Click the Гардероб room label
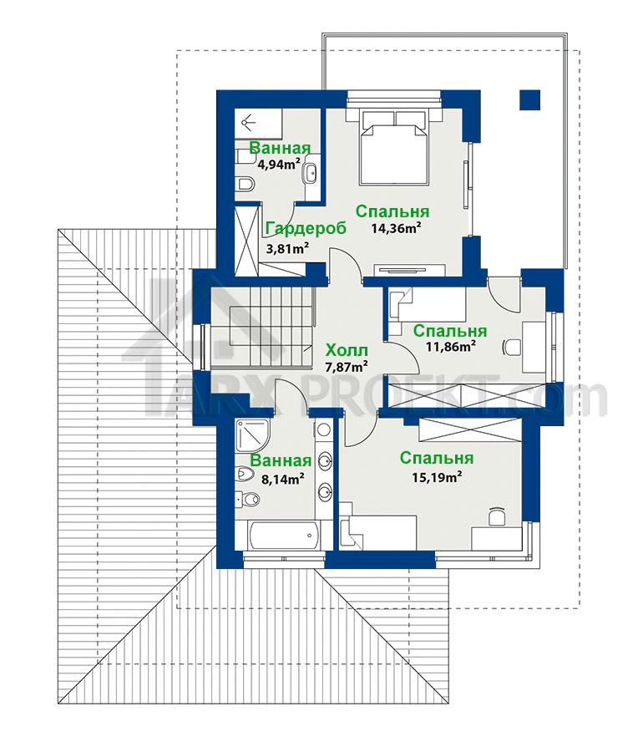coord(306,229)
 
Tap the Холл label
coord(347,349)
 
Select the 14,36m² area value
coord(396,228)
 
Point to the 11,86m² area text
coord(451,346)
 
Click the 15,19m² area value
coord(437,477)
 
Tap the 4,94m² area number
coord(279,165)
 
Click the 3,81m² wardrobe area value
coord(287,248)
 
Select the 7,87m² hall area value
coord(347,367)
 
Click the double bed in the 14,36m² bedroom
coord(393,147)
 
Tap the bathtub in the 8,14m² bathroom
coord(283,536)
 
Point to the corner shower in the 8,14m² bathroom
coord(253,436)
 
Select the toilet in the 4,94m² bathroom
coord(246,183)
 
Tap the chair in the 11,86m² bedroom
coord(511,347)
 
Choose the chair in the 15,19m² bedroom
coord(497,516)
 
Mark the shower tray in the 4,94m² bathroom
coord(258,124)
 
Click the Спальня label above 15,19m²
coord(437,459)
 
